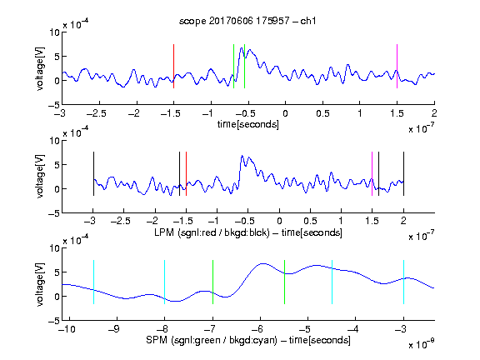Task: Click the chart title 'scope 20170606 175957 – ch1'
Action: (247, 21)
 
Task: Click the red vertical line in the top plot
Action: (173, 66)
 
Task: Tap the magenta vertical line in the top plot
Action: (397, 66)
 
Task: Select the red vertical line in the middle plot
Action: (186, 173)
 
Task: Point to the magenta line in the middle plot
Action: (372, 173)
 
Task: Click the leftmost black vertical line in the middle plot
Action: (93, 173)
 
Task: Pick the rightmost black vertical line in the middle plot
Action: (403, 173)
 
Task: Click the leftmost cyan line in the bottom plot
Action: (93, 282)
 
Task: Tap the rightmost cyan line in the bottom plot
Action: (403, 282)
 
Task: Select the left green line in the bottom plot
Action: (212, 282)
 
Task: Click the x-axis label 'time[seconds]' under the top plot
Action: (248, 124)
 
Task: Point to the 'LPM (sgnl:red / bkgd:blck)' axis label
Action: (212, 232)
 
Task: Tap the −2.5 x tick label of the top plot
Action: (96, 113)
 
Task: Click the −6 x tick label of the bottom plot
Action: (257, 329)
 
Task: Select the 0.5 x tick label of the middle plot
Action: (310, 221)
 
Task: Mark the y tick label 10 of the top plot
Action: (55, 32)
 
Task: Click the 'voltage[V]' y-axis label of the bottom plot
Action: (40, 284)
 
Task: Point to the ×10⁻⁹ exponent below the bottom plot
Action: (421, 344)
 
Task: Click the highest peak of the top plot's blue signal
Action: (242, 47)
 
